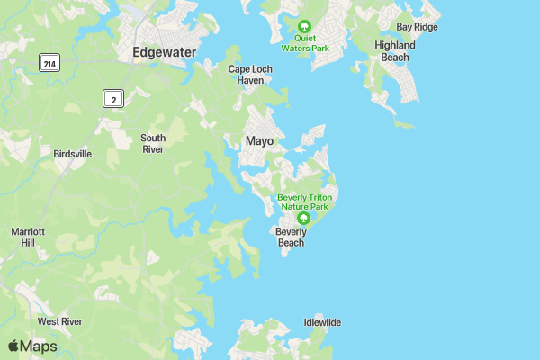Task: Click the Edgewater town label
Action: pyautogui.click(x=164, y=52)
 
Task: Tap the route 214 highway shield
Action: pyautogui.click(x=49, y=63)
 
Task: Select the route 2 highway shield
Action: pyautogui.click(x=112, y=100)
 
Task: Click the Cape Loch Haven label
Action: pyautogui.click(x=246, y=75)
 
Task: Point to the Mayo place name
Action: pyautogui.click(x=259, y=141)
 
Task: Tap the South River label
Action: pyautogui.click(x=152, y=143)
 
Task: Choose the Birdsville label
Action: pyautogui.click(x=73, y=154)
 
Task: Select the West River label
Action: pyautogui.click(x=59, y=321)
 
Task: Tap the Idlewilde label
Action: pyautogui.click(x=322, y=322)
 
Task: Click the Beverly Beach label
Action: pyautogui.click(x=291, y=237)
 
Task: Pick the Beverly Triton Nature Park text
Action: pyautogui.click(x=304, y=202)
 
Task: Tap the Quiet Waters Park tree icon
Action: pyautogui.click(x=304, y=26)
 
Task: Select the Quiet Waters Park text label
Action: pyautogui.click(x=304, y=44)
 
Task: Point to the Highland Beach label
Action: pyautogui.click(x=395, y=51)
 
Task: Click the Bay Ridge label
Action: pyautogui.click(x=418, y=27)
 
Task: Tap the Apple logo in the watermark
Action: pyautogui.click(x=13, y=346)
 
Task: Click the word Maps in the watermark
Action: pyautogui.click(x=39, y=346)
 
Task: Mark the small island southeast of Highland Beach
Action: pyautogui.click(x=405, y=124)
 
